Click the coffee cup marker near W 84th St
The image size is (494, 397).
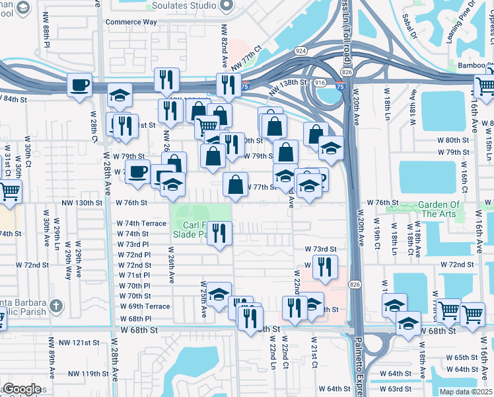pos(80,85)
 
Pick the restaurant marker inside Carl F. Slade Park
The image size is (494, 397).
pos(220,233)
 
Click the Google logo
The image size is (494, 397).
pos(22,389)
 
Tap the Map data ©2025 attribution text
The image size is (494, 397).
pos(466,392)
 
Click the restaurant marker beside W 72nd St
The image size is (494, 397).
pos(324,267)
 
